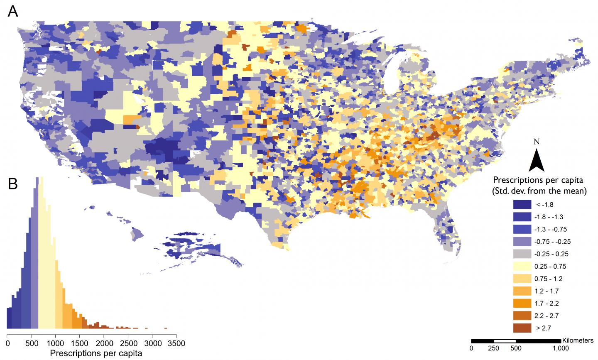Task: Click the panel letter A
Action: tap(13, 11)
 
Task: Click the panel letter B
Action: tap(13, 184)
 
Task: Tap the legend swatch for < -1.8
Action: tap(522, 204)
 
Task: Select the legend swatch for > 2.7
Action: tap(522, 328)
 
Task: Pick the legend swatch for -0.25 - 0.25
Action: tap(522, 254)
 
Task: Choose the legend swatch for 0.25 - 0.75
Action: tap(522, 266)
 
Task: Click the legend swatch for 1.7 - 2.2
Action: tap(522, 303)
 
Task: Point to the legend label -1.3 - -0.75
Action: tap(551, 229)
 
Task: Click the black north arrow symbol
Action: tap(536, 160)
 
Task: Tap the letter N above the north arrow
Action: tap(537, 142)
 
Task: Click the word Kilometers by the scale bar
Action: tap(578, 340)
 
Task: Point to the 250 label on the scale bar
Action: tap(493, 348)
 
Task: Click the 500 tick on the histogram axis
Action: tap(31, 343)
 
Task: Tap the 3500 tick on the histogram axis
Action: tap(176, 343)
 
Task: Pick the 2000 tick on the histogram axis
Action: tap(103, 343)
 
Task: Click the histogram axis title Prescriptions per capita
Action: tap(96, 354)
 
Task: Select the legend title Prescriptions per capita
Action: tap(538, 180)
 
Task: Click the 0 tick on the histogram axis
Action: tap(7, 343)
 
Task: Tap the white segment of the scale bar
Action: tap(505, 341)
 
